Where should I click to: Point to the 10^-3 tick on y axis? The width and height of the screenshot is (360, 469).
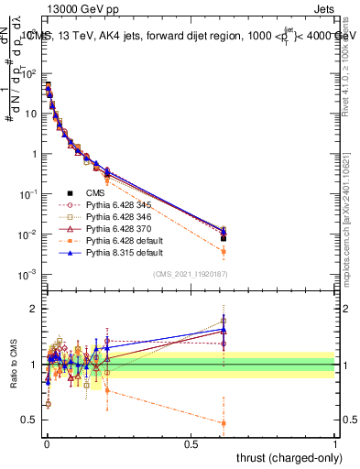(29, 274)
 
